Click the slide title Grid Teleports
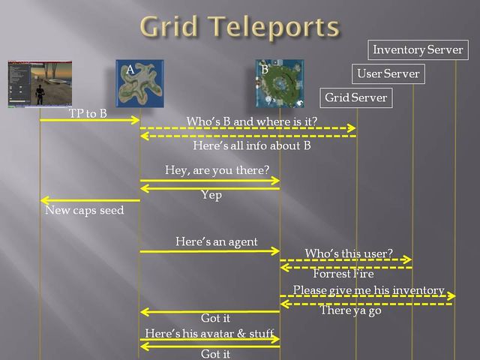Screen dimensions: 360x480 [x=239, y=27]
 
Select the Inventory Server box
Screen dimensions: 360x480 [x=418, y=50]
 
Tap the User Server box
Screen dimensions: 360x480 [x=388, y=73]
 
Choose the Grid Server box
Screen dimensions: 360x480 [x=355, y=97]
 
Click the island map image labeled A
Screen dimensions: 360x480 [x=139, y=83]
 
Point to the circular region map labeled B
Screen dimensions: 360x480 [x=279, y=83]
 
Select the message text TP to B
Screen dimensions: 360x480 [x=88, y=113]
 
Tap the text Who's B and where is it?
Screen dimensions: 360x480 [x=251, y=121]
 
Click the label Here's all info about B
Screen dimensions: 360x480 [x=251, y=145]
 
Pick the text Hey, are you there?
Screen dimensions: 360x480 [x=217, y=170]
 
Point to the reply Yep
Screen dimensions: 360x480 [x=211, y=195]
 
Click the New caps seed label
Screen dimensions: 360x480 [x=84, y=211]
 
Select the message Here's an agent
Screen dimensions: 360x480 [x=216, y=241]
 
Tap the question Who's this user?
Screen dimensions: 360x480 [x=348, y=253]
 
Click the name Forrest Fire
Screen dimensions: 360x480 [x=343, y=274]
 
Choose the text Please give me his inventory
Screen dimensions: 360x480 [x=368, y=289]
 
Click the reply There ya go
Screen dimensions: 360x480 [x=350, y=310]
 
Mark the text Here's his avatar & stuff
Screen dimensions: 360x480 [x=209, y=333]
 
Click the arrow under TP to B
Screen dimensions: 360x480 [x=90, y=120]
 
